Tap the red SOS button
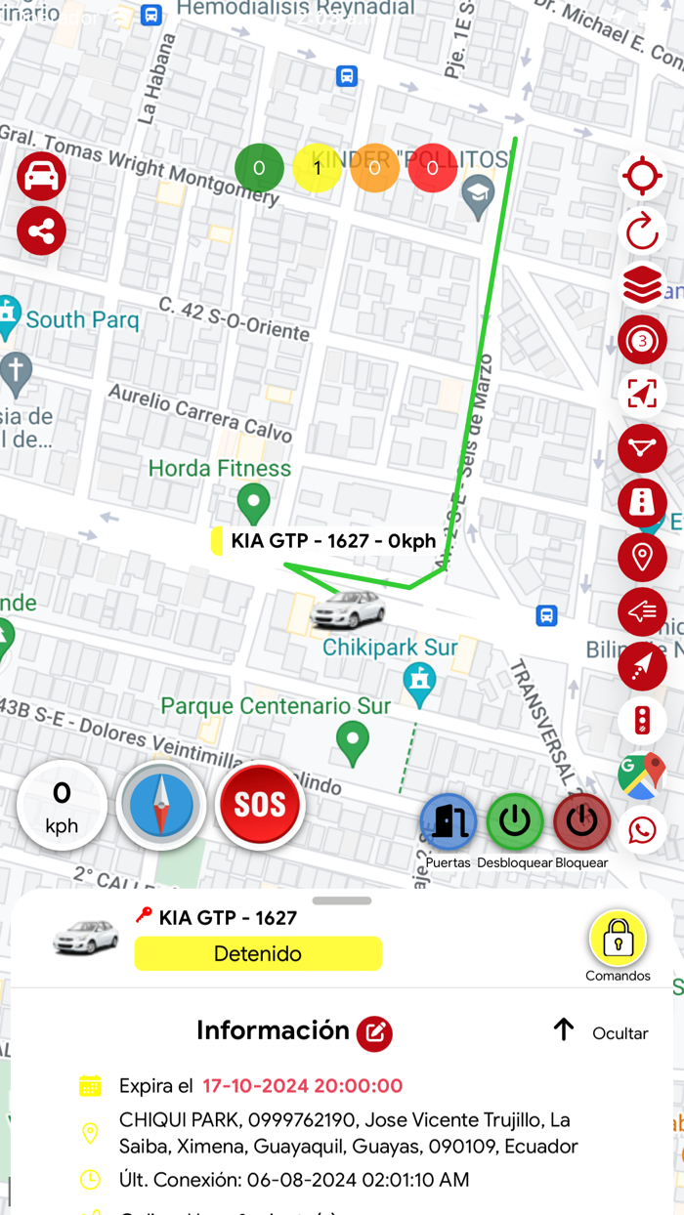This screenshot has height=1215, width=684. [260, 805]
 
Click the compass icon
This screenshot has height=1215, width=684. [161, 806]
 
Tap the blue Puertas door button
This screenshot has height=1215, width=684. [449, 821]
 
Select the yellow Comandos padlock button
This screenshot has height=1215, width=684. [618, 939]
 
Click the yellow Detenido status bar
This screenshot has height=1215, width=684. [258, 954]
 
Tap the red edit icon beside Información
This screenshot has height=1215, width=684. [374, 1033]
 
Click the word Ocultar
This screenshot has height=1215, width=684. [620, 1033]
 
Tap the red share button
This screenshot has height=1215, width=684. [41, 231]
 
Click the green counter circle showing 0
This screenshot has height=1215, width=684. [259, 168]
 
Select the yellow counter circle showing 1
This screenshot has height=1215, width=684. [317, 168]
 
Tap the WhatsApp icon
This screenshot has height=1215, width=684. [642, 830]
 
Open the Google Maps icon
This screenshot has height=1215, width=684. [641, 775]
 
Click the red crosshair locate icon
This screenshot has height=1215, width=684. [642, 177]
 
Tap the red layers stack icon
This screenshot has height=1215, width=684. [642, 286]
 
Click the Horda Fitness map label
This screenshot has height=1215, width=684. [220, 469]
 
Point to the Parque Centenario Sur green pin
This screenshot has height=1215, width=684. [352, 742]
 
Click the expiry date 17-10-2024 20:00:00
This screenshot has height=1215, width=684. [303, 1086]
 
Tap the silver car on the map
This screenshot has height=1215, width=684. [347, 609]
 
